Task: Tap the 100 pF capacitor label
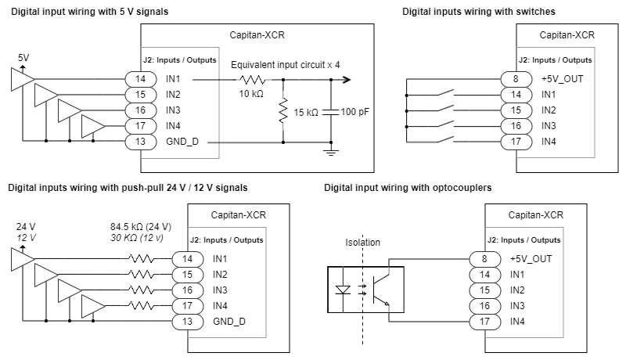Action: pos(355,113)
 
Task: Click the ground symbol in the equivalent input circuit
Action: pos(332,150)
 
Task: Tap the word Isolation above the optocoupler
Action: pos(363,243)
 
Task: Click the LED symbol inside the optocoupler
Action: pos(342,290)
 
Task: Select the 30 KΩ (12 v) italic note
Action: pos(136,238)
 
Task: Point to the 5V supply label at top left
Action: pos(25,58)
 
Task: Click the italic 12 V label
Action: pos(27,238)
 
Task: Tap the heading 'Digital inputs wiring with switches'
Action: pos(480,12)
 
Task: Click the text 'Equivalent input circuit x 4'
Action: pos(285,65)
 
